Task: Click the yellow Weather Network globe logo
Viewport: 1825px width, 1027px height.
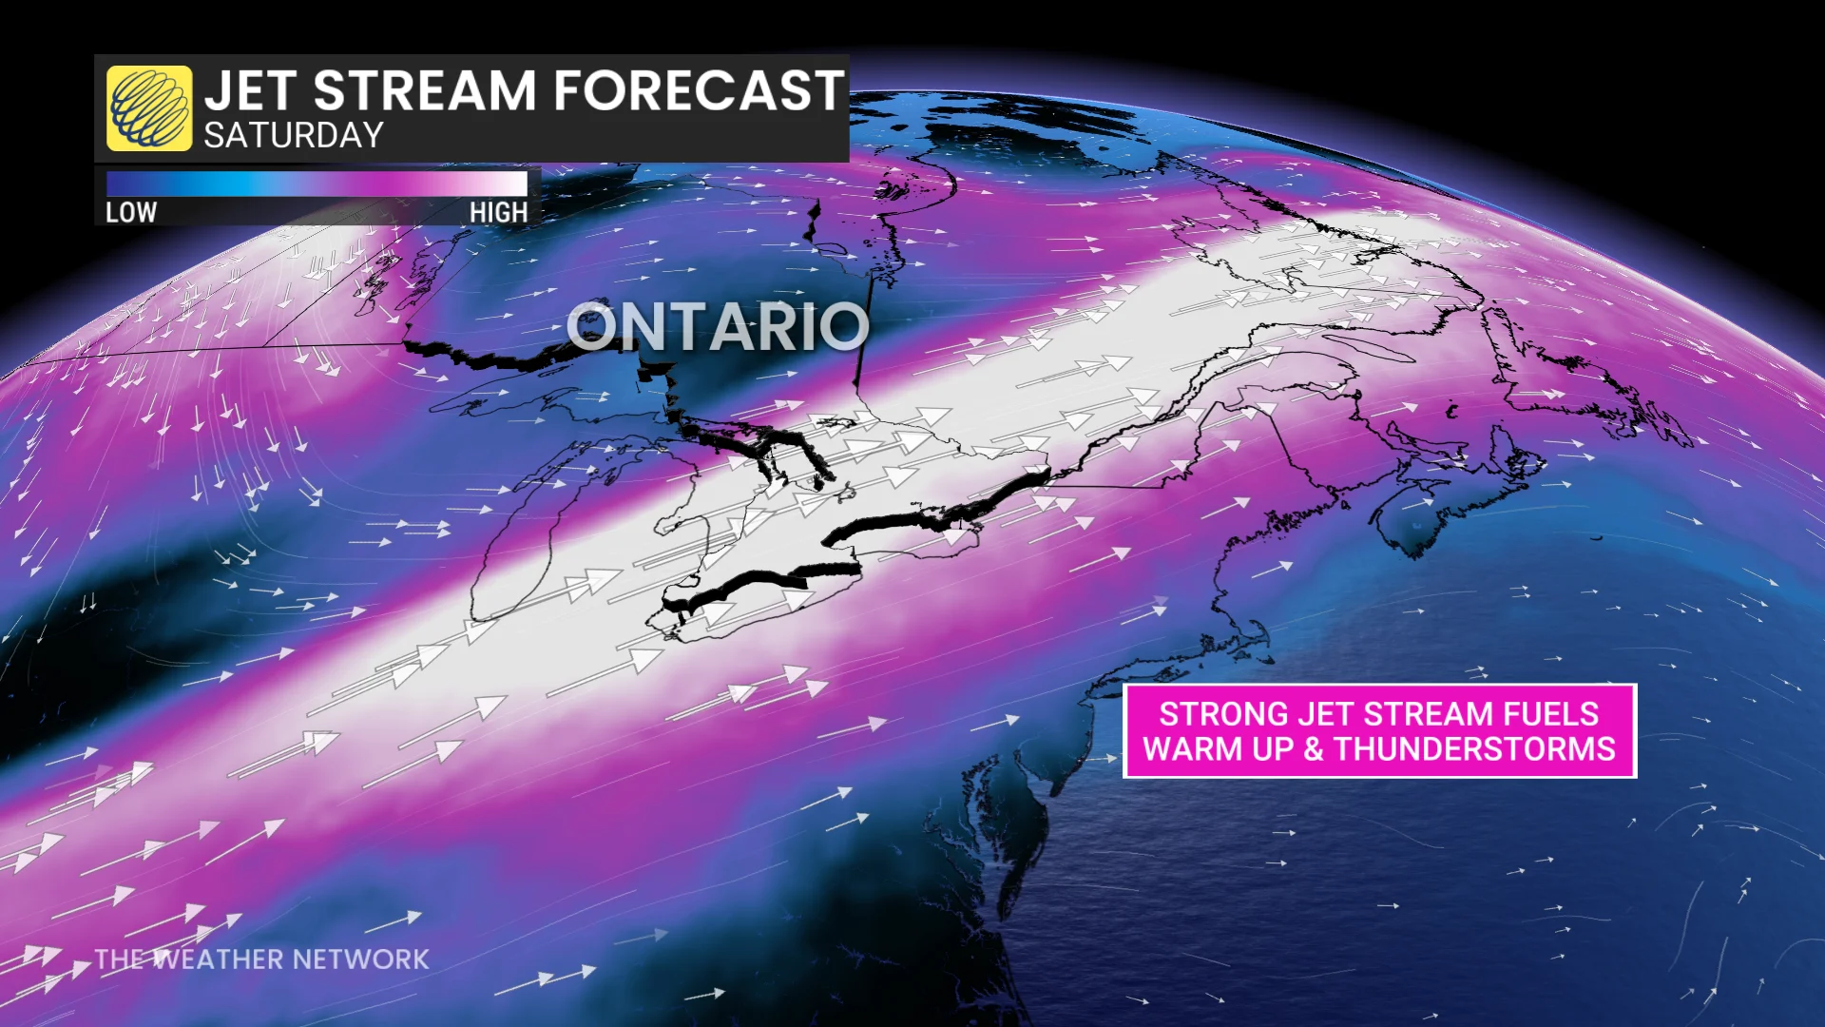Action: pyautogui.click(x=148, y=108)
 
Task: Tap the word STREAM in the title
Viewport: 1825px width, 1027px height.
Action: pyautogui.click(x=425, y=91)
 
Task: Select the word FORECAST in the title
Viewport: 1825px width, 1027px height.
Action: pyautogui.click(x=699, y=91)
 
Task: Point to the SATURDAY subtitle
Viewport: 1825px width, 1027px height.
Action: pyautogui.click(x=293, y=136)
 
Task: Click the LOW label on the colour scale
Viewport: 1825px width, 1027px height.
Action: pyautogui.click(x=130, y=212)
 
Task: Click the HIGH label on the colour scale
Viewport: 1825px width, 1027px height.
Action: pyautogui.click(x=498, y=212)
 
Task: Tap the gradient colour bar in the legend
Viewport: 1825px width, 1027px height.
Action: pyautogui.click(x=316, y=183)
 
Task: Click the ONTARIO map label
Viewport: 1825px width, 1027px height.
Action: pyautogui.click(x=718, y=326)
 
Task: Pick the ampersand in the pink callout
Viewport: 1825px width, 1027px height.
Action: pyautogui.click(x=1313, y=749)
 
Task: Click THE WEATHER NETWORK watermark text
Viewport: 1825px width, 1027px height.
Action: pyautogui.click(x=262, y=959)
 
